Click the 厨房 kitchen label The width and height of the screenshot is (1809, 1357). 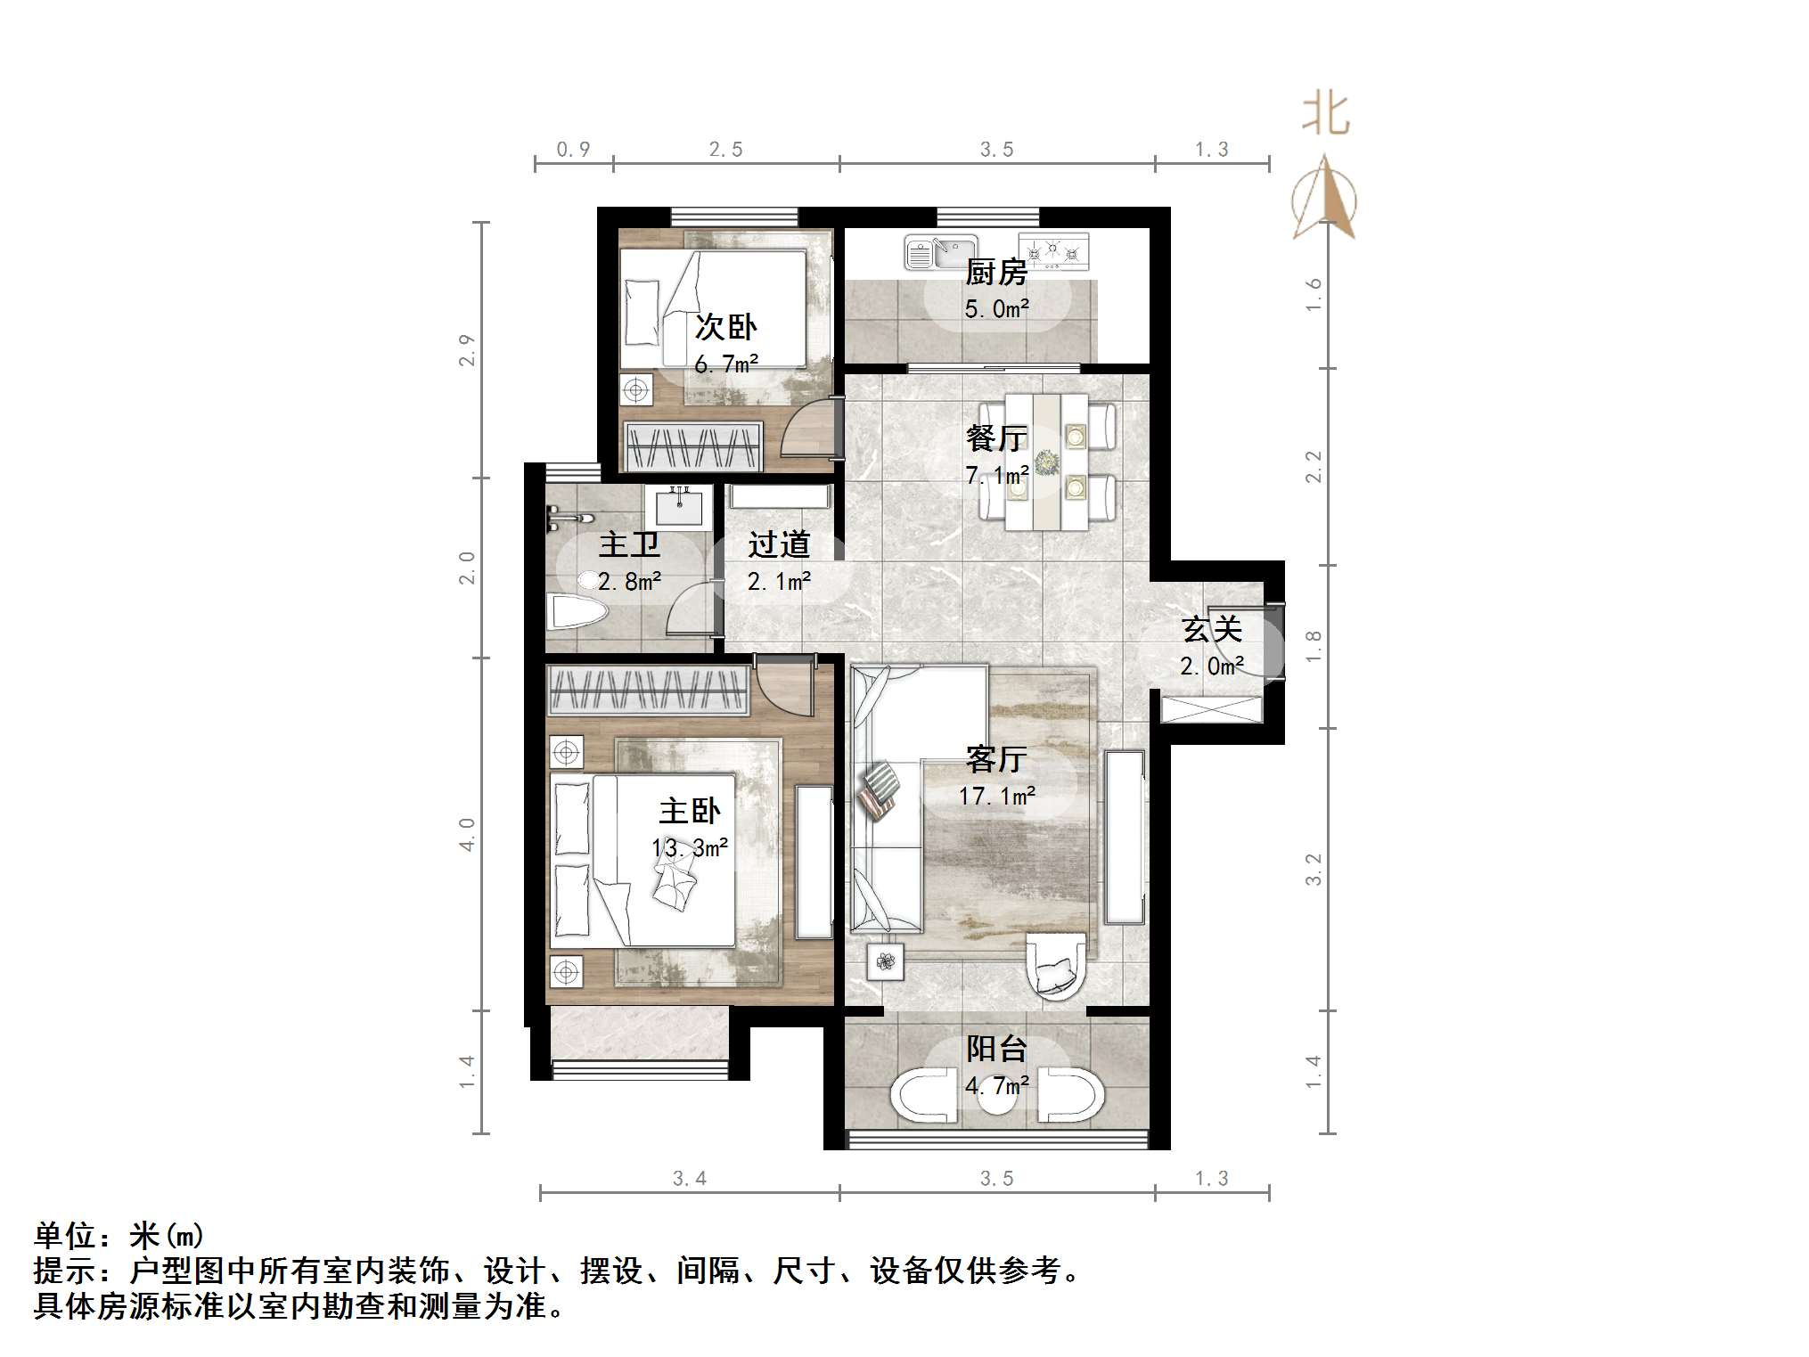click(x=996, y=272)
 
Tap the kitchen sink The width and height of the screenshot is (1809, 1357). click(x=940, y=252)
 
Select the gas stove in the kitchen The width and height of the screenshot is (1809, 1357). click(x=1053, y=250)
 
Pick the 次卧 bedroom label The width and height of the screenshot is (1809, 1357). click(x=725, y=327)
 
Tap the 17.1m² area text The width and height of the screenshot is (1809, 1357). click(x=996, y=796)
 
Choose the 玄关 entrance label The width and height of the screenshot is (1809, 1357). click(x=1212, y=629)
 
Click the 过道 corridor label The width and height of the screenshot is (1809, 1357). click(x=779, y=544)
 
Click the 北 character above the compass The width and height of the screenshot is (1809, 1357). click(x=1326, y=114)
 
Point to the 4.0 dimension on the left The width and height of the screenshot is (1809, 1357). click(x=467, y=834)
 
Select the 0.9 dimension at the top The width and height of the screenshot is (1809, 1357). click(x=573, y=150)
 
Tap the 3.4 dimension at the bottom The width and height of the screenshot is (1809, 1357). click(x=690, y=1178)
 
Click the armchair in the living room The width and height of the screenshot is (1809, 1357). click(x=1055, y=966)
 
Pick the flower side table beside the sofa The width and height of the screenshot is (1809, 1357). click(x=885, y=961)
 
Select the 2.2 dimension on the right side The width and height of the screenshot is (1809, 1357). click(x=1314, y=466)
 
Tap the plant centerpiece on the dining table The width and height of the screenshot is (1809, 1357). click(x=1046, y=461)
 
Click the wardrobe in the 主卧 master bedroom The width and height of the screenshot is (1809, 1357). click(x=648, y=691)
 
